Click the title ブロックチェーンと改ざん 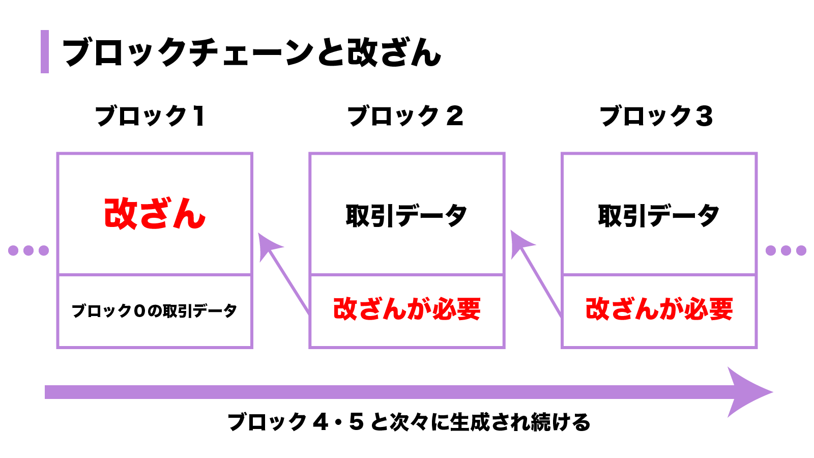pyautogui.click(x=251, y=52)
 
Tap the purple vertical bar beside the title pyautogui.click(x=45, y=52)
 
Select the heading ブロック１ pyautogui.click(x=150, y=116)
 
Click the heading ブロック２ pyautogui.click(x=405, y=116)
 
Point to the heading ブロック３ pyautogui.click(x=656, y=116)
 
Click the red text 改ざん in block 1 pyautogui.click(x=155, y=214)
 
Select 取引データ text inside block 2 pyautogui.click(x=406, y=215)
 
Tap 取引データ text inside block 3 pyautogui.click(x=659, y=215)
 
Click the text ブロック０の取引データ pyautogui.click(x=154, y=310)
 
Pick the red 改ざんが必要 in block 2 pyautogui.click(x=406, y=309)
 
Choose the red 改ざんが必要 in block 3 pyautogui.click(x=659, y=309)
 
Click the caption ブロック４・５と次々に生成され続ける pyautogui.click(x=409, y=422)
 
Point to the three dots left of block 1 pyautogui.click(x=28, y=250)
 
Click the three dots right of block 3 pyautogui.click(x=786, y=250)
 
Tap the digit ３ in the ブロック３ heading pyautogui.click(x=704, y=116)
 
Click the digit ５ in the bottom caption pyautogui.click(x=356, y=422)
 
